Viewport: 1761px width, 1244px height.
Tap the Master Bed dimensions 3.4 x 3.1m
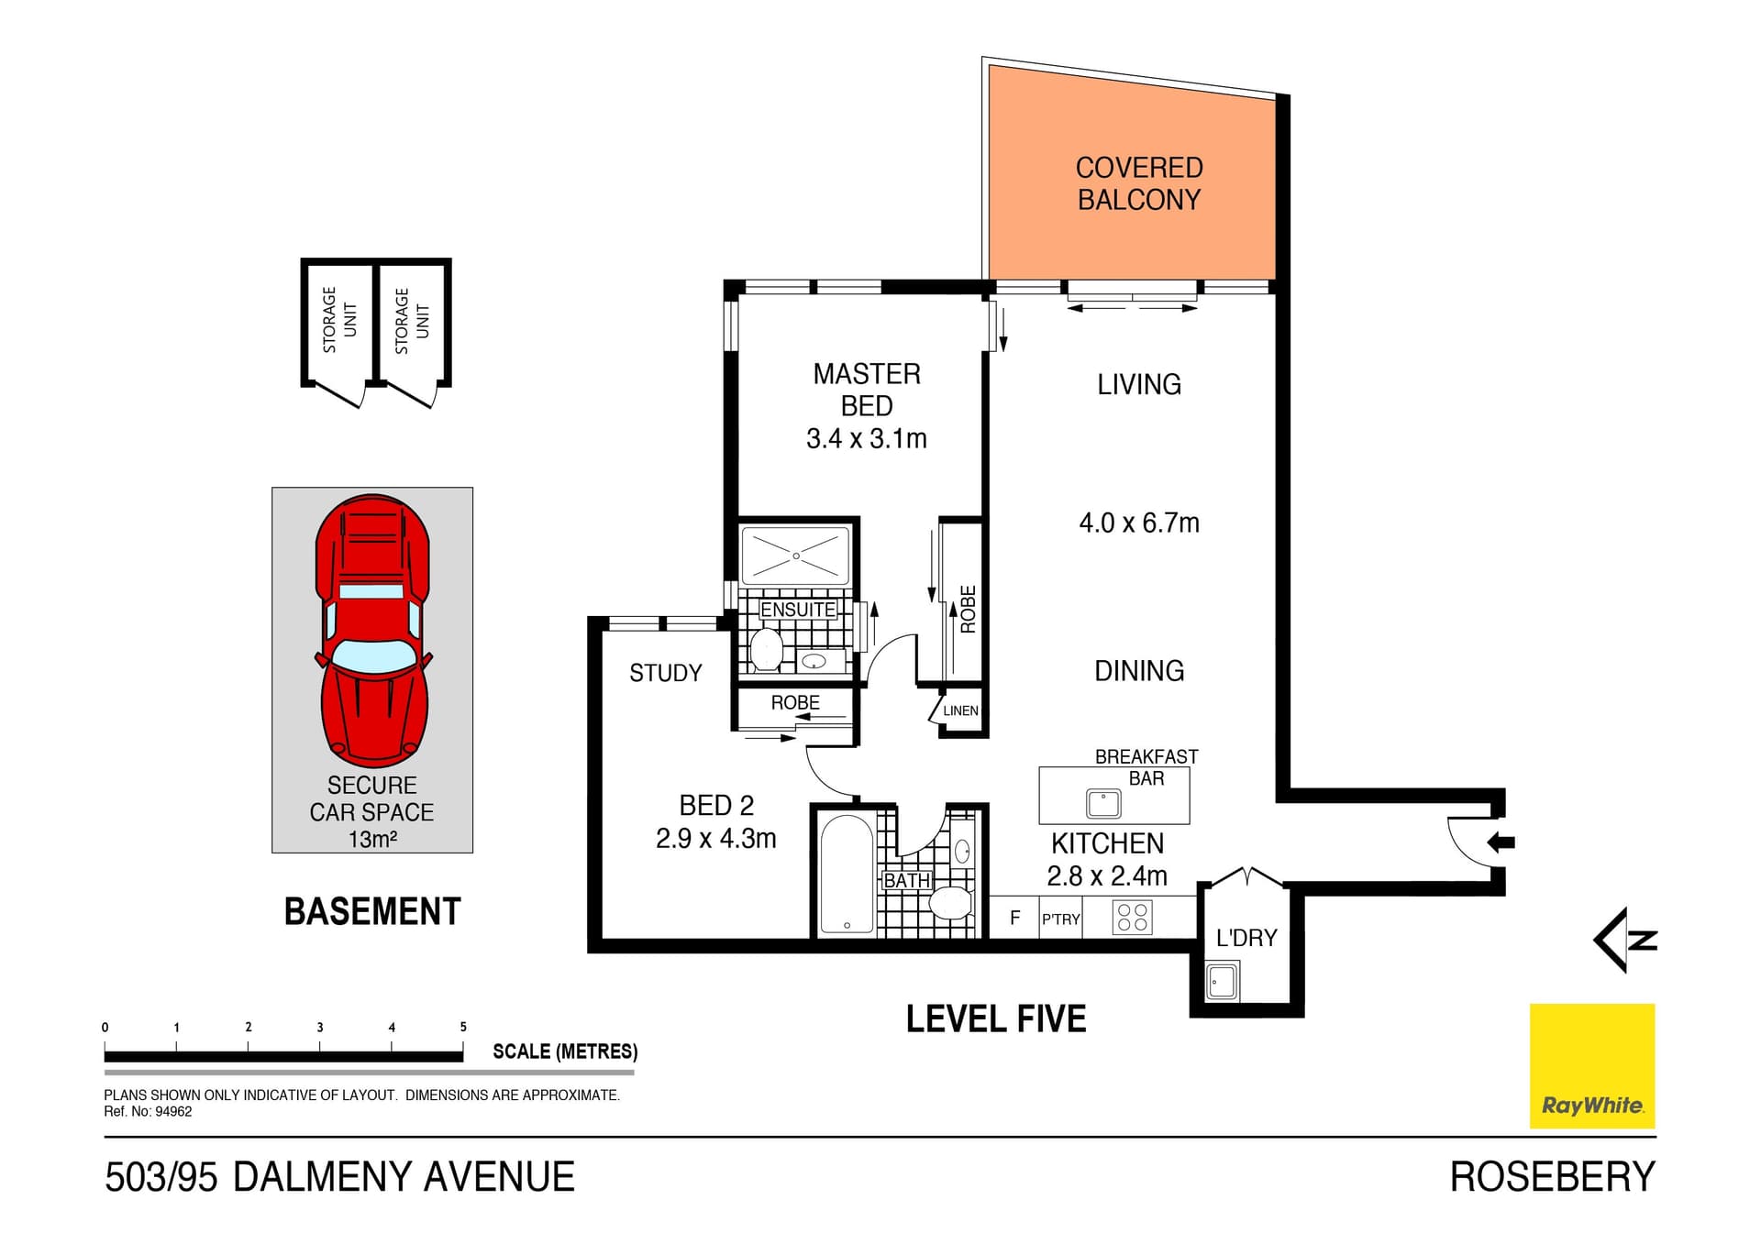[x=866, y=439]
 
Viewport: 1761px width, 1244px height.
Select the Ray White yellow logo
[x=1591, y=1065]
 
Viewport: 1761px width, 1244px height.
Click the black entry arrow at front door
[x=1501, y=842]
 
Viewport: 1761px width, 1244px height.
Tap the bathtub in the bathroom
[x=846, y=874]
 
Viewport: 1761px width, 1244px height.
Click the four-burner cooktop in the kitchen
[x=1132, y=918]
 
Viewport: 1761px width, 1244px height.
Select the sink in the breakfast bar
[x=1103, y=804]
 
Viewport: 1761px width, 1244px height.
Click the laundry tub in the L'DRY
[x=1222, y=982]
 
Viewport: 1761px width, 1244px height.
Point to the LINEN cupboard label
[x=960, y=710]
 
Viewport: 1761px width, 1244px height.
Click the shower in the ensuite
[x=795, y=556]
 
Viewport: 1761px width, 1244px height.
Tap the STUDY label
[x=665, y=673]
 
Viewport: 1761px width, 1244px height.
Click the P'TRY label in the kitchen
[x=1060, y=919]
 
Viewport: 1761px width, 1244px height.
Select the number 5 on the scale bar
[x=463, y=1027]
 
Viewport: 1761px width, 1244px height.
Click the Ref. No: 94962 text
[x=148, y=1112]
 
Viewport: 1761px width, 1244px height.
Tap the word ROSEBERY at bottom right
[x=1552, y=1177]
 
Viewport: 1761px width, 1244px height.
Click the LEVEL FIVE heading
[x=996, y=1019]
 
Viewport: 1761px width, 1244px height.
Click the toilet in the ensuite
[x=766, y=650]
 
